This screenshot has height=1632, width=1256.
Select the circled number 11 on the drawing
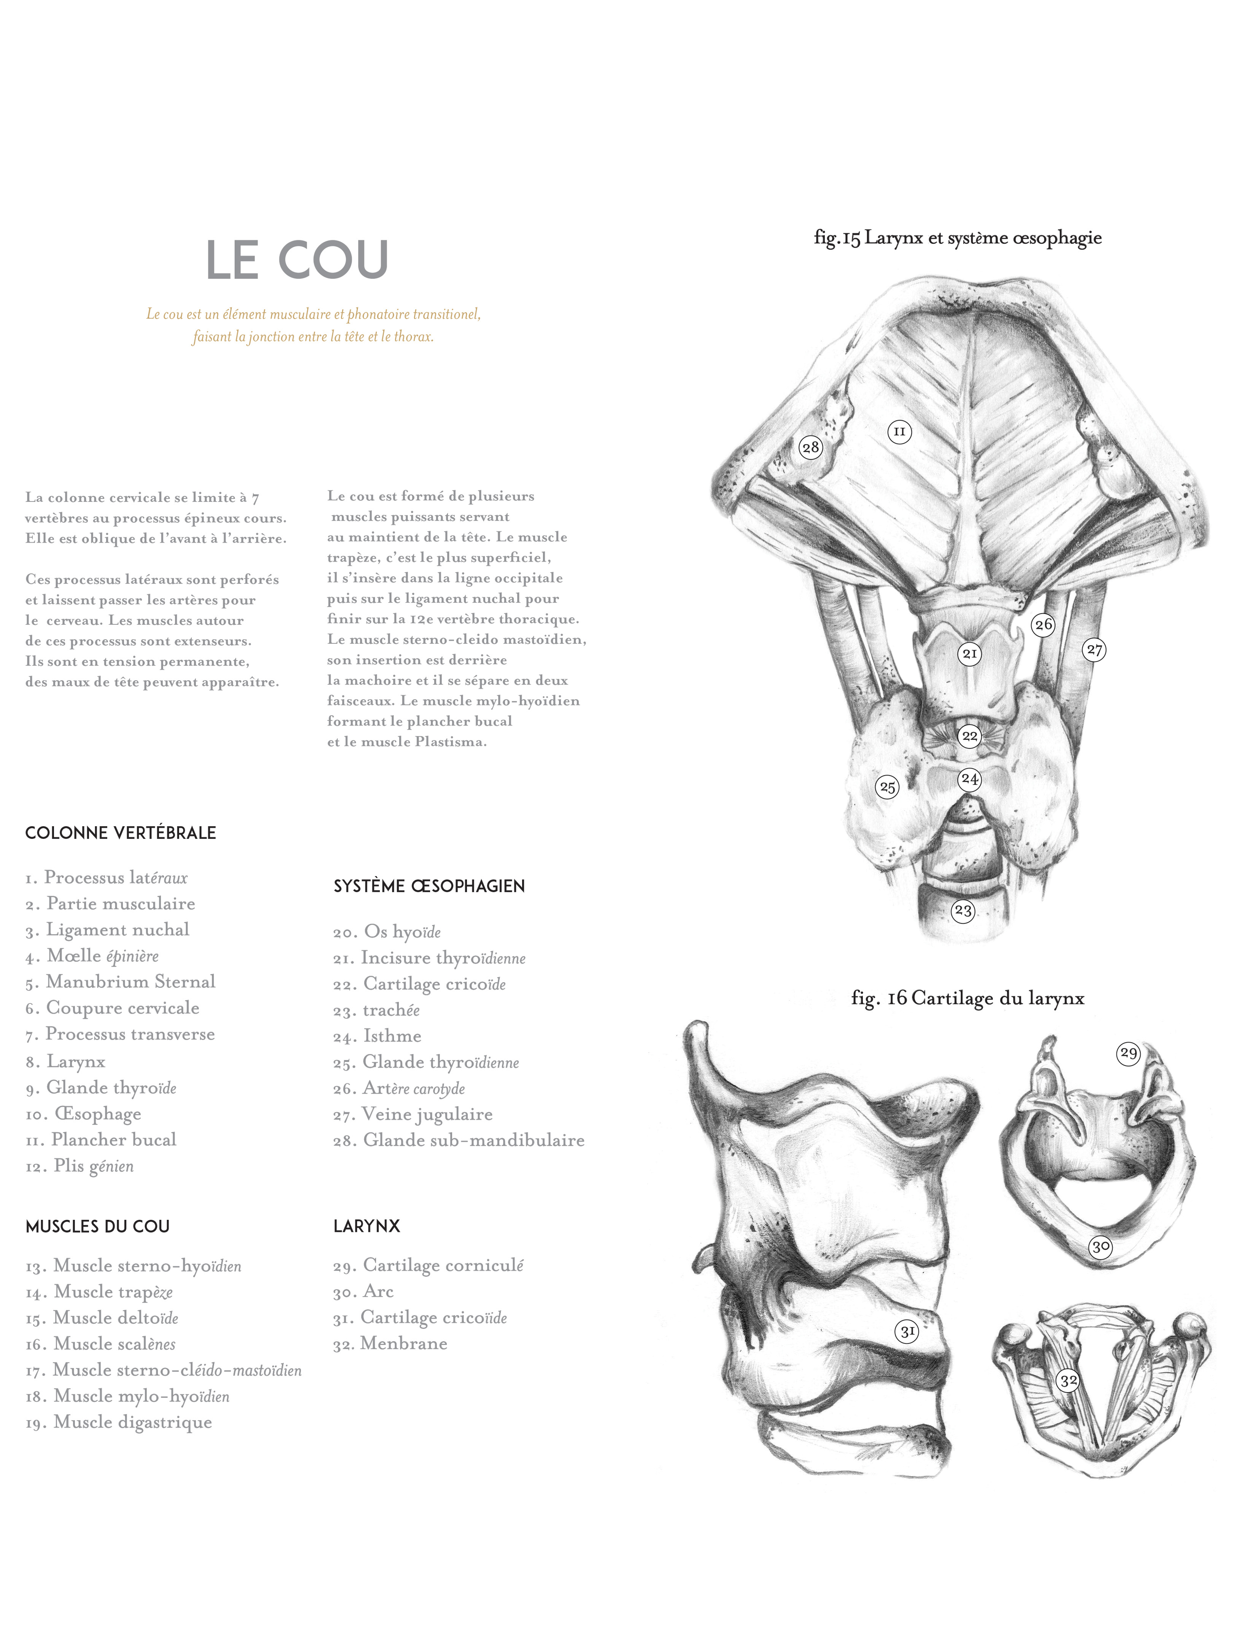point(900,431)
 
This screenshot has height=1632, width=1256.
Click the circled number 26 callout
point(1043,625)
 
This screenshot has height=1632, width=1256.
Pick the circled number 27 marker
point(1095,649)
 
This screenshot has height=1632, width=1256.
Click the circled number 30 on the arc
point(1100,1246)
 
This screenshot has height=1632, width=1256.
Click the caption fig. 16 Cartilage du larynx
point(968,999)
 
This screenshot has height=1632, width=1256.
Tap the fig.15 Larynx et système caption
point(958,238)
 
